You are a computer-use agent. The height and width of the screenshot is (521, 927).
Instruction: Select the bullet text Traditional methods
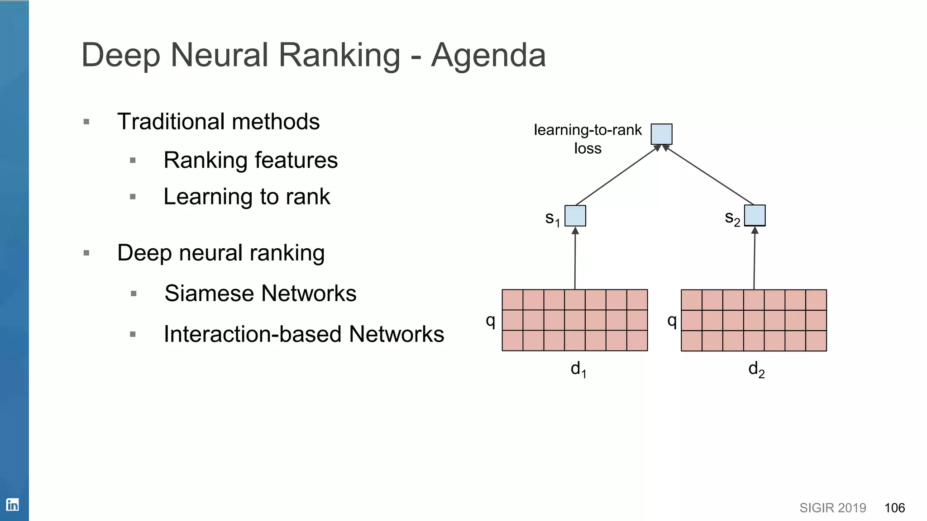coord(218,122)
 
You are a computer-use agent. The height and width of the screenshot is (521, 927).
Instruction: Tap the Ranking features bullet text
coord(250,160)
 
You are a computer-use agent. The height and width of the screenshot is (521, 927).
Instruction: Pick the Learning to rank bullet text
coord(247,197)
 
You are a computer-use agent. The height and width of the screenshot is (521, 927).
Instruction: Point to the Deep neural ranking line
coord(221,253)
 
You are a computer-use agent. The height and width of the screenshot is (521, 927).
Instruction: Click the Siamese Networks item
coord(260,293)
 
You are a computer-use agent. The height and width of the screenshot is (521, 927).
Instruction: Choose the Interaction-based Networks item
coord(304,334)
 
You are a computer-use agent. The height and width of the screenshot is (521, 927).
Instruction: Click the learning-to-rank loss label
coord(588,138)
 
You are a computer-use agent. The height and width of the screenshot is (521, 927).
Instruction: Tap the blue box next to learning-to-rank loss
coord(661,134)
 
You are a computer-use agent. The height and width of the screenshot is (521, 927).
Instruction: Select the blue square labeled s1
coord(575,216)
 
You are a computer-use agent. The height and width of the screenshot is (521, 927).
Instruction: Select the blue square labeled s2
coord(755,215)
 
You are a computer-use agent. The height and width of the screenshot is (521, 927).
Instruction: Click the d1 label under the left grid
coord(578,369)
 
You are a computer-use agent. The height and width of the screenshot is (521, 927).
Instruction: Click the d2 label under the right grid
coord(756,369)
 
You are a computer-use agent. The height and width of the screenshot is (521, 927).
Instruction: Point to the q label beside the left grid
coord(490,320)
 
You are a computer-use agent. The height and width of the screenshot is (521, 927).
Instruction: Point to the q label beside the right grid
coord(672,320)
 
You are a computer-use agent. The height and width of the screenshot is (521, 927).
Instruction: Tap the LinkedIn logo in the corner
coord(12,504)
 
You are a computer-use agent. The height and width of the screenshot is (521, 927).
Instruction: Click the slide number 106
coord(894,508)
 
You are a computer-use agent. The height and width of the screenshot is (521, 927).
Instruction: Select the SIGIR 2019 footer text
coord(832,508)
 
